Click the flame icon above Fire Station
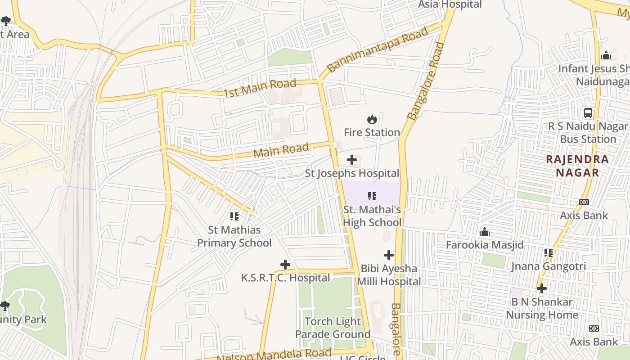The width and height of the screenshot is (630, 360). tap(372, 119)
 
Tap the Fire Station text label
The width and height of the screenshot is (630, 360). tap(372, 132)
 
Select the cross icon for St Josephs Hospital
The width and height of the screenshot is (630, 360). tap(352, 160)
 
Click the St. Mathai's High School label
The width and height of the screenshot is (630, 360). tap(372, 216)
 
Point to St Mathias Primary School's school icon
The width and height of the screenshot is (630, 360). tap(234, 216)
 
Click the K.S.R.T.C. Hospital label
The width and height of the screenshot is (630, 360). tap(285, 278)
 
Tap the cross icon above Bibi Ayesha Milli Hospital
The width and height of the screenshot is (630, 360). tap(389, 255)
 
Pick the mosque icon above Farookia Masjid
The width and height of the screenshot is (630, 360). tap(485, 232)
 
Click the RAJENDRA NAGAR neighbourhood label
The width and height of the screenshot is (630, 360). tap(577, 166)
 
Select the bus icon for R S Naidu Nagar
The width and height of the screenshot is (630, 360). tap(588, 113)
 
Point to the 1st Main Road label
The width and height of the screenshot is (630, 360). tap(260, 87)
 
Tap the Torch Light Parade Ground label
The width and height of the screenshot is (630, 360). tap(333, 328)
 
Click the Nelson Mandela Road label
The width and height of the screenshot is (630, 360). tap(274, 355)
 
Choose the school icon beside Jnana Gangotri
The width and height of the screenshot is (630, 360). tap(548, 253)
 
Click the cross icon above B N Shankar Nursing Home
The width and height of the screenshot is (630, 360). tap(542, 288)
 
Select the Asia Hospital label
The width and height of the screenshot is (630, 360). tap(450, 4)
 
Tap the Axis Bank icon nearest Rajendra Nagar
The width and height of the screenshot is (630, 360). tap(584, 202)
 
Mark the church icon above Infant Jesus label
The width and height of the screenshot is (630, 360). tap(606, 55)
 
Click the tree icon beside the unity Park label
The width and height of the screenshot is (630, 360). tap(5, 306)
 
